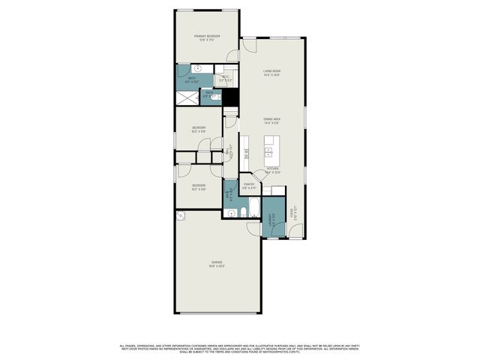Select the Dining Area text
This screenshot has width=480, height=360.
(271, 120)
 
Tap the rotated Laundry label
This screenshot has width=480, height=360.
(270, 219)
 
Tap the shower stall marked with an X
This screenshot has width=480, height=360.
(186, 97)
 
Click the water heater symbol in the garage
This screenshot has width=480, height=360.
(181, 215)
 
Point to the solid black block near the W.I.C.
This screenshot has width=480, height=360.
(232, 97)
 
